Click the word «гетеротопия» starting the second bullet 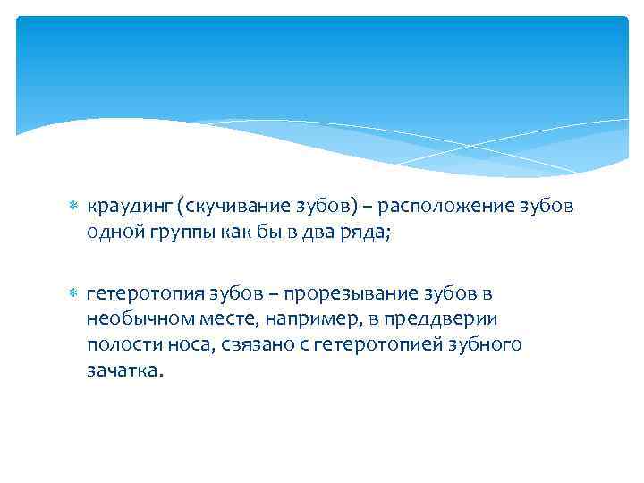tap(139, 293)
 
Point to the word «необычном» tap(133, 318)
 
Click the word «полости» tap(122, 344)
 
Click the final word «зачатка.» tap(126, 369)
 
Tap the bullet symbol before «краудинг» tap(74, 207)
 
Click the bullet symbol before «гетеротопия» tap(74, 293)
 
